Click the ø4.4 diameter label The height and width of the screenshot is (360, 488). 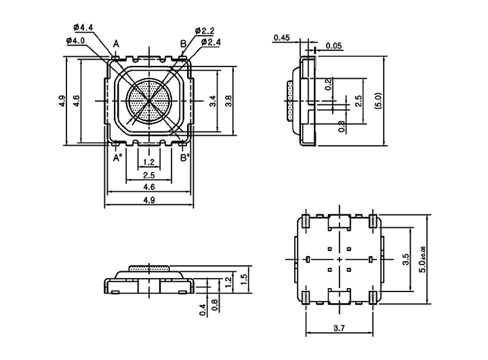tap(81, 27)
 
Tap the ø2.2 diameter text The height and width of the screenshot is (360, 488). tap(205, 31)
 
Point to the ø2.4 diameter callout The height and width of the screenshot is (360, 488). tap(210, 42)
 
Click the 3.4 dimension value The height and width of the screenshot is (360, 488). tap(212, 102)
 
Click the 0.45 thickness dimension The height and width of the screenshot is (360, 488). tap(281, 37)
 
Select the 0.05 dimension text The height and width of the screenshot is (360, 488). tap(333, 46)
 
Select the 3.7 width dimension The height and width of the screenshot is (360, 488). tap(339, 328)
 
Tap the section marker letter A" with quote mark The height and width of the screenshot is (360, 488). tap(117, 158)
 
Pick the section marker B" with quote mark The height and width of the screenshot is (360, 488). tap(184, 158)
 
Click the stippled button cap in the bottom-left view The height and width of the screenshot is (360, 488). tap(148, 268)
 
